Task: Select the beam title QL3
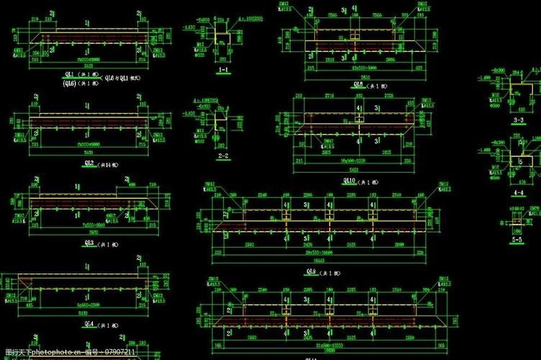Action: [89, 243]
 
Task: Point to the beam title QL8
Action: [358, 84]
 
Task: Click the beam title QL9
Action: [312, 271]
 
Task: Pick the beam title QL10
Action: [353, 180]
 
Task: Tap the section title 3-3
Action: [517, 121]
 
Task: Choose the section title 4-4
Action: [517, 194]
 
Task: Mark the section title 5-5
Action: [517, 238]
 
